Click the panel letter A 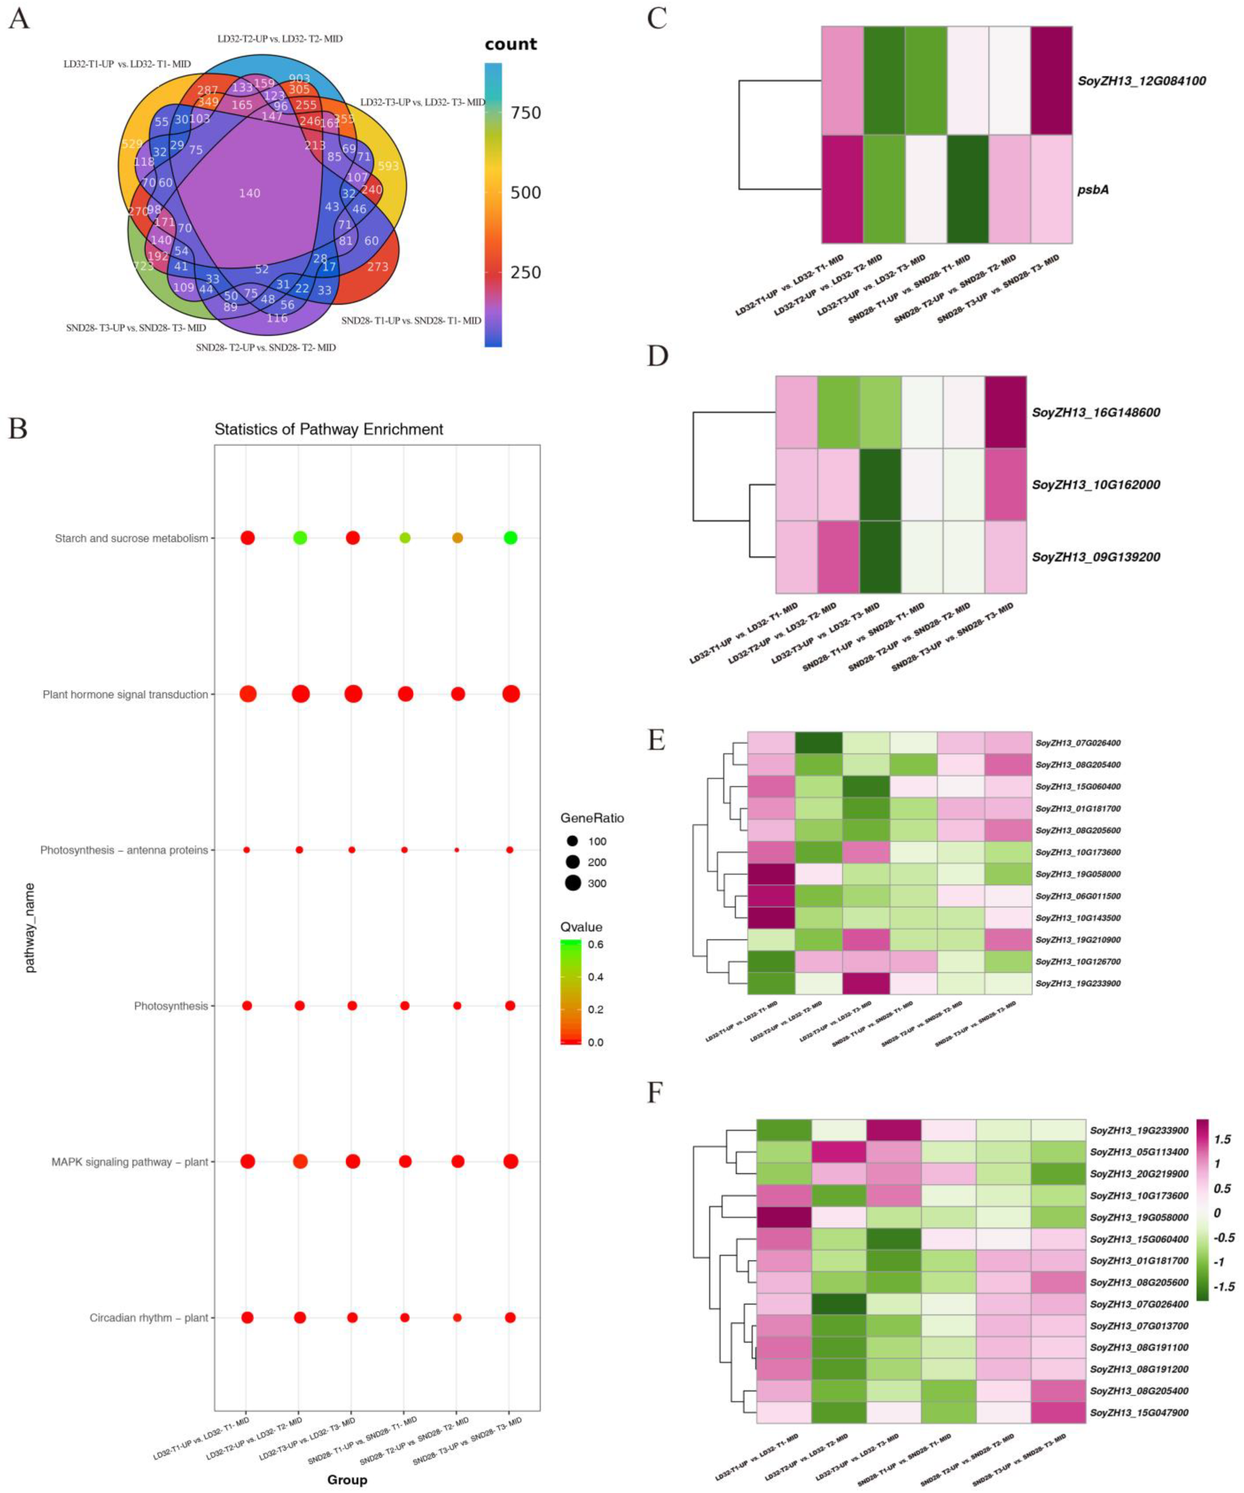19,18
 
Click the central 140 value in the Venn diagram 250,193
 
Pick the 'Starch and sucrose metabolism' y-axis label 131,538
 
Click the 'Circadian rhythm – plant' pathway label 149,1317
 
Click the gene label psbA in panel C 1093,190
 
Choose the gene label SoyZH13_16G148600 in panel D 1095,412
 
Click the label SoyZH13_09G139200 1095,557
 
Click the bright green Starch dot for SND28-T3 510,538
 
